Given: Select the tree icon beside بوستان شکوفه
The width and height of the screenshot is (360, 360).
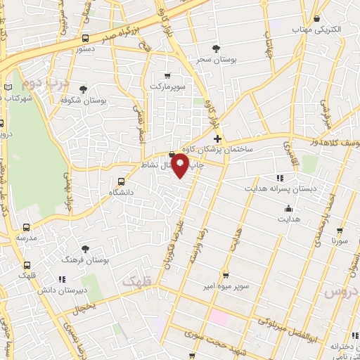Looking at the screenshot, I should (84, 89).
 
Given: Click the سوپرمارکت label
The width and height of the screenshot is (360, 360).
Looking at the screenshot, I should (166, 86).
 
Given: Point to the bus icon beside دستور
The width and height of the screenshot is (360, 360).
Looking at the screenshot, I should (85, 39).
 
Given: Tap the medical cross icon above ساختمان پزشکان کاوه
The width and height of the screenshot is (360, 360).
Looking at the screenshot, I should (218, 139).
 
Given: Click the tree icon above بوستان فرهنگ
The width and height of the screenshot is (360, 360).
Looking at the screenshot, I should (85, 248).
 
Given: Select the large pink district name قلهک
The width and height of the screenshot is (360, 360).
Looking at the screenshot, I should (136, 281).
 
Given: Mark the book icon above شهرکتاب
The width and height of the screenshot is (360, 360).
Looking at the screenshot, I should (8, 86).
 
